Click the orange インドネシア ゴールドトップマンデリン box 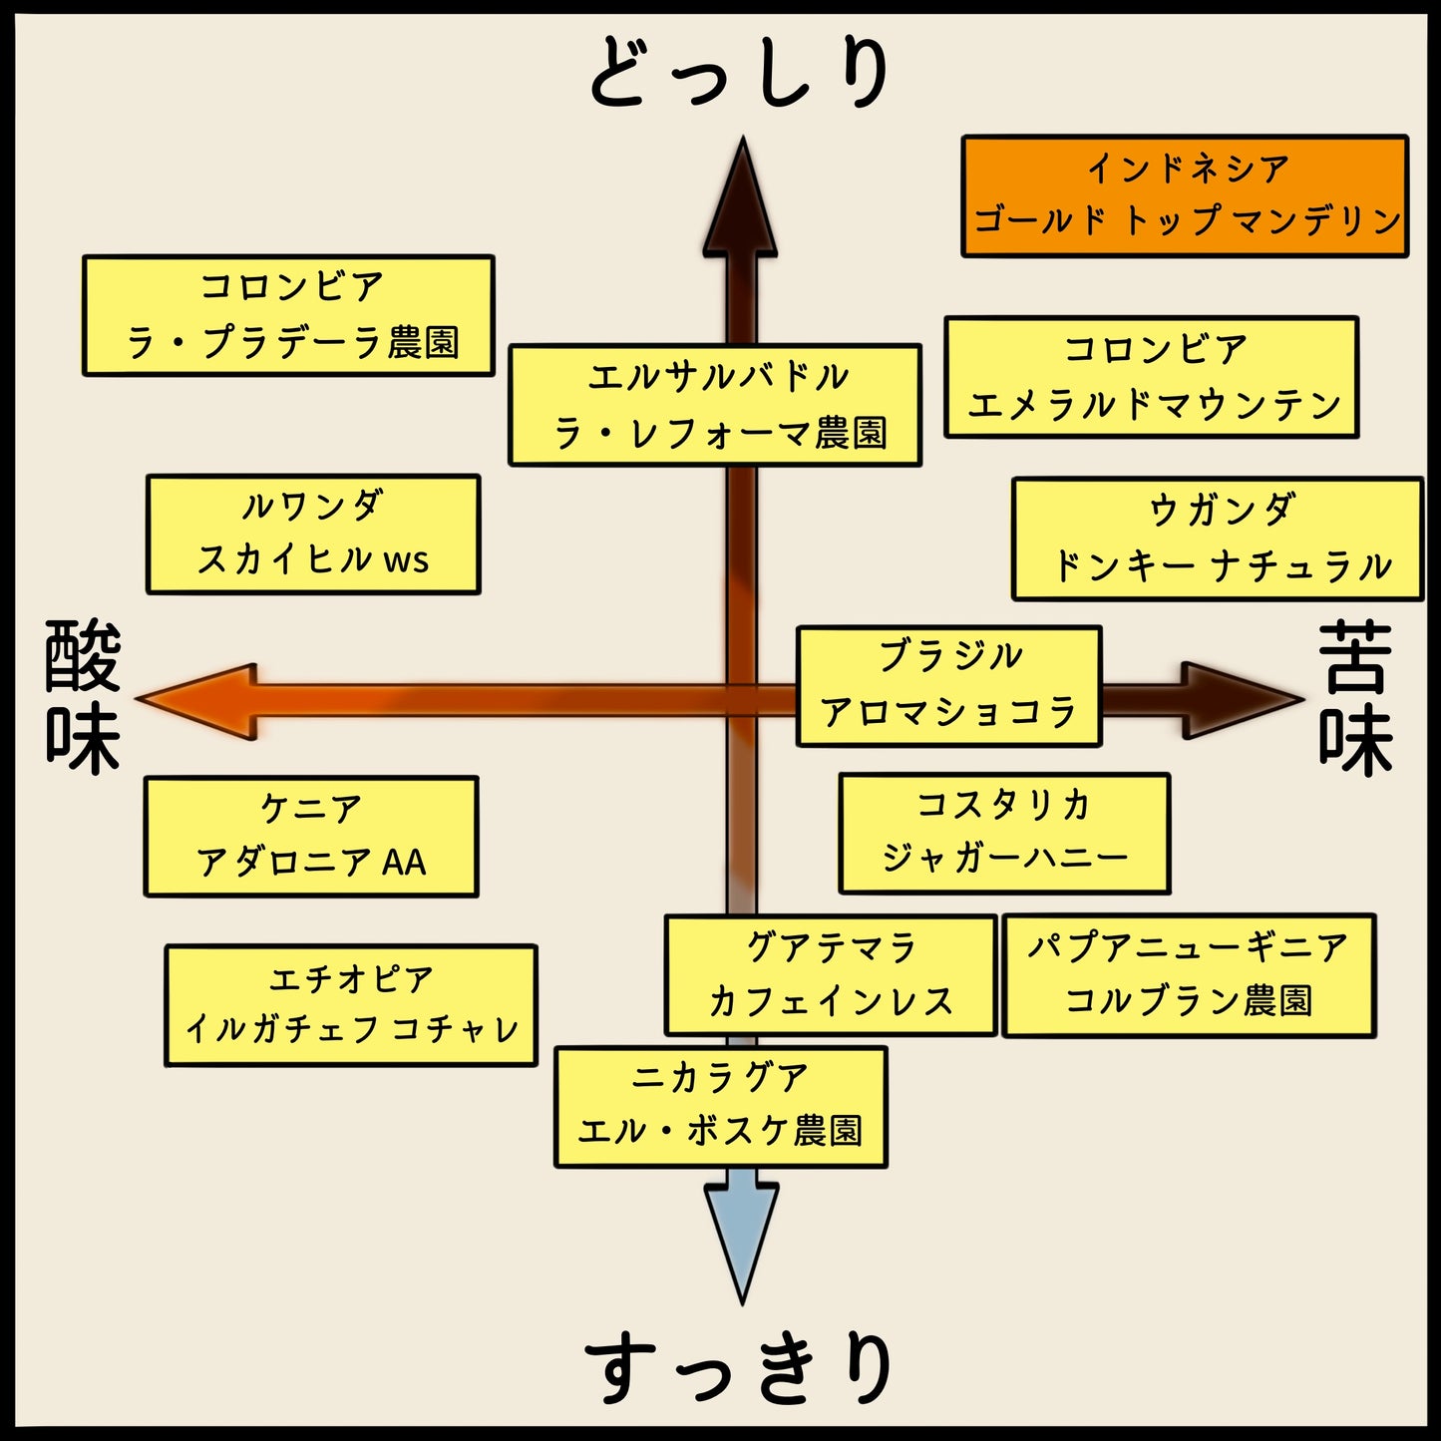[1185, 196]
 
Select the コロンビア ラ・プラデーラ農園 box [288, 315]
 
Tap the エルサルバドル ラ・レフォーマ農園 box [714, 405]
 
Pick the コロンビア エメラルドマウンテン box [1151, 377]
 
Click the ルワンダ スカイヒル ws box [313, 535]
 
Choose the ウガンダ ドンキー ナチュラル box [1217, 539]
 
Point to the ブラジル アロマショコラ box [948, 686]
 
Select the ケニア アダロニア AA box [311, 837]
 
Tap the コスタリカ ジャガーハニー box [1003, 833]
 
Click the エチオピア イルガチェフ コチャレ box [351, 1005]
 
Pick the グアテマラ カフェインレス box [831, 975]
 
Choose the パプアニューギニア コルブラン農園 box [1188, 975]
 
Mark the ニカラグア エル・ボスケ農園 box [720, 1107]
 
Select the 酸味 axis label [83, 697]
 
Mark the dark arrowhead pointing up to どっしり [741, 199]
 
